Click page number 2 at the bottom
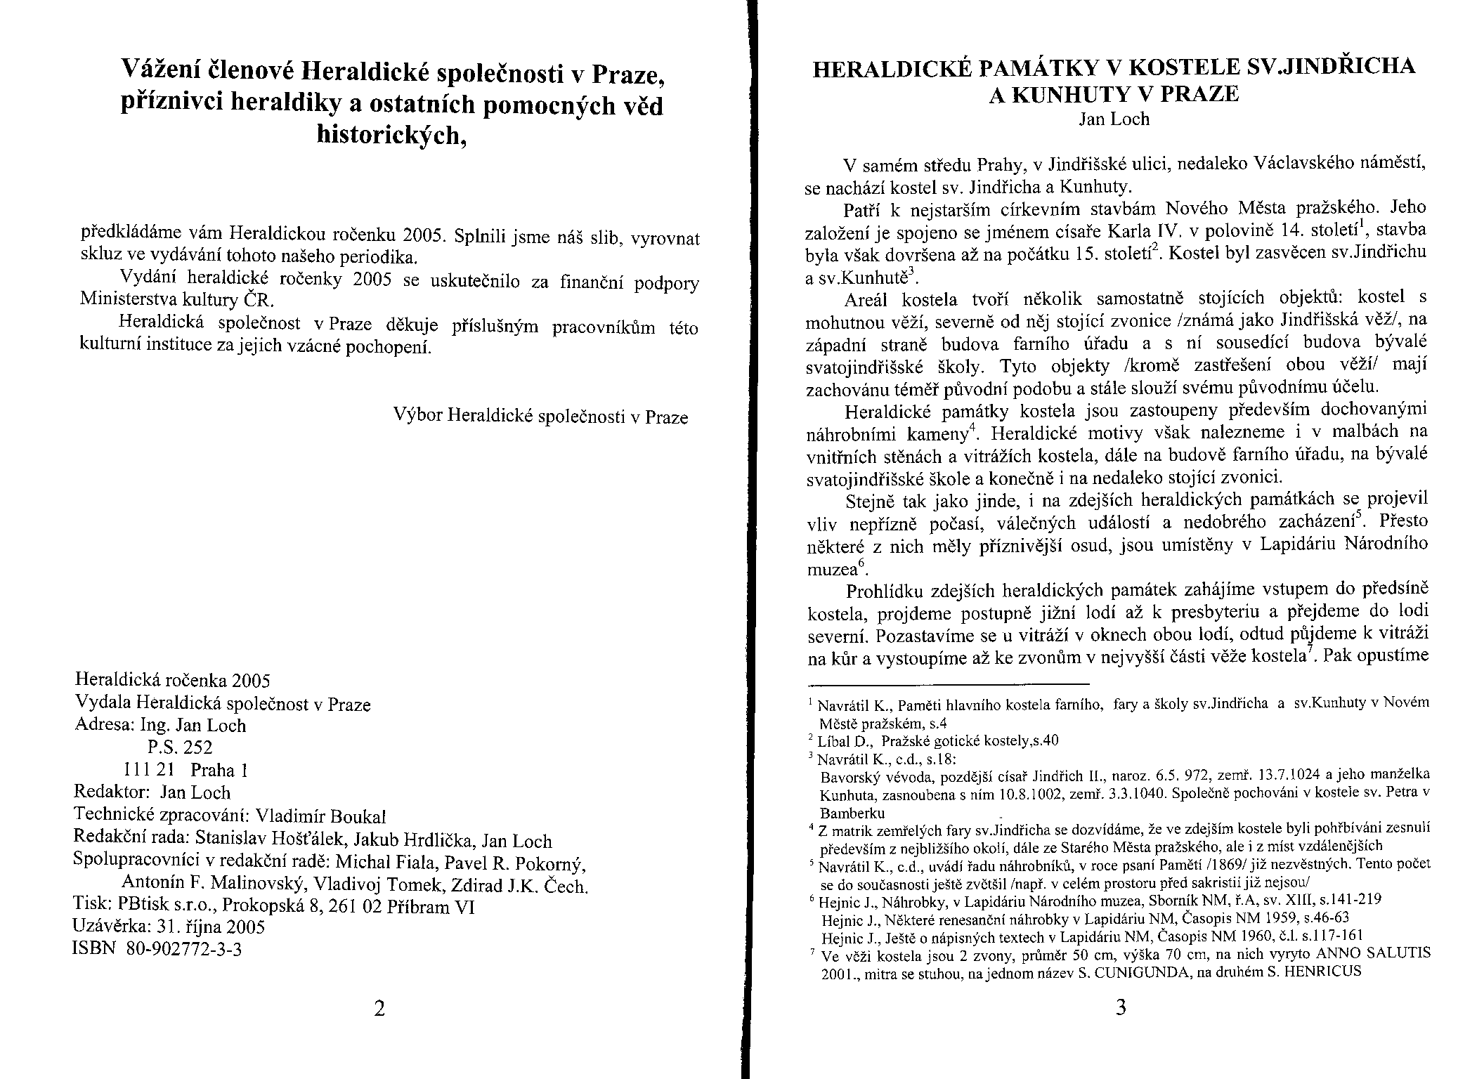pyautogui.click(x=379, y=1009)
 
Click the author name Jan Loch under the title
pyautogui.click(x=1114, y=119)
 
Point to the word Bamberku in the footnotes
pyautogui.click(x=852, y=813)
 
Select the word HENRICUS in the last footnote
pyautogui.click(x=1324, y=973)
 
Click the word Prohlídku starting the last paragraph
pyautogui.click(x=887, y=590)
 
